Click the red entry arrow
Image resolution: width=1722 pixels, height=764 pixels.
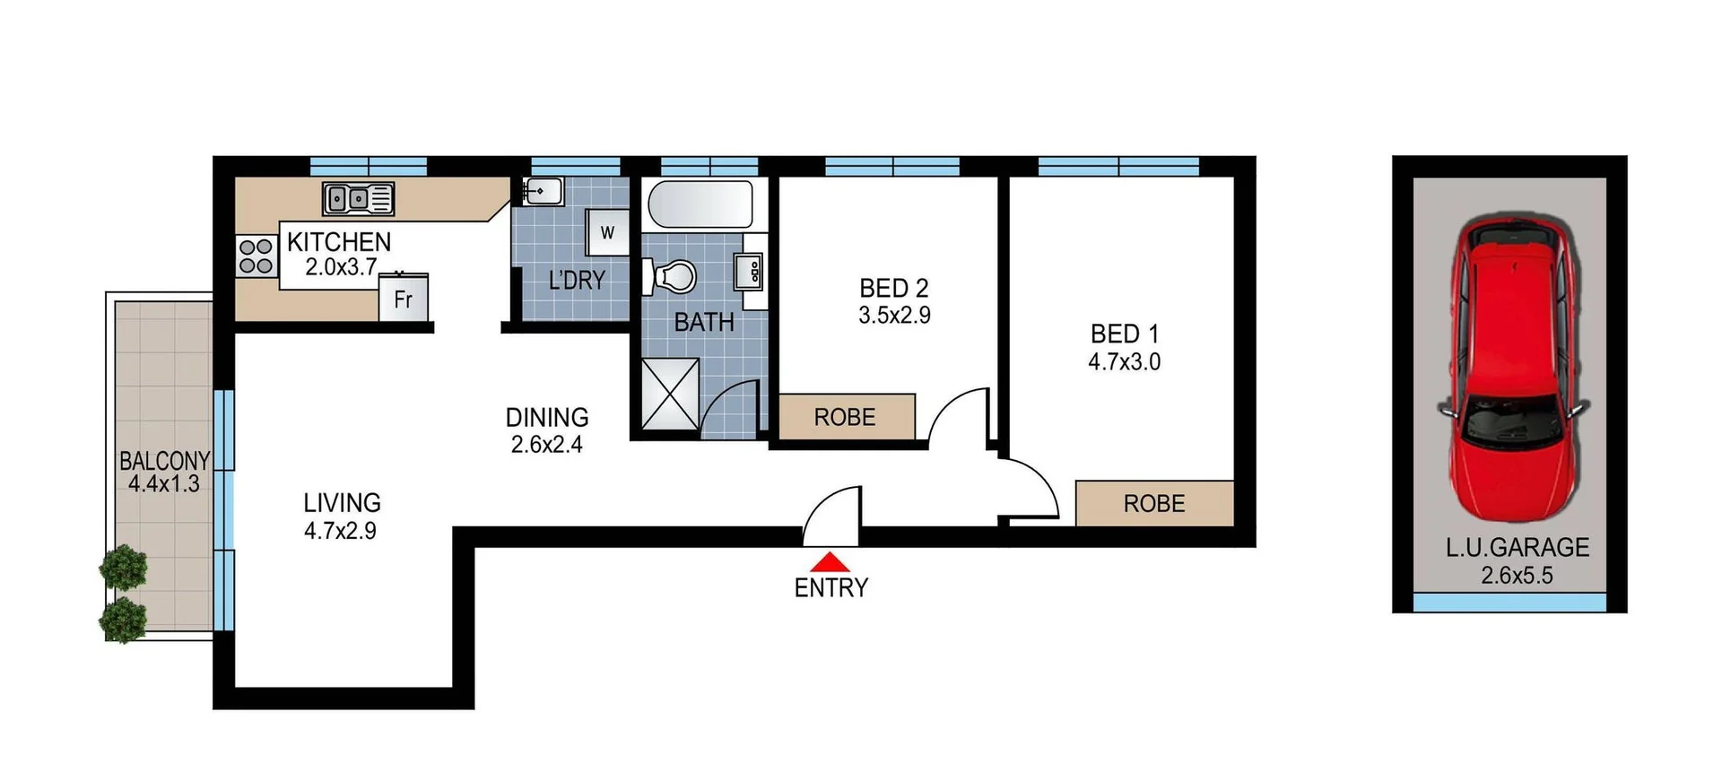coord(831,562)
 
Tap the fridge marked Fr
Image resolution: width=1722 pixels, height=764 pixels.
coord(404,298)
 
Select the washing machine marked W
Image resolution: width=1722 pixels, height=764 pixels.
coord(607,233)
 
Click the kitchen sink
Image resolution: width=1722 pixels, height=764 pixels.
coord(358,198)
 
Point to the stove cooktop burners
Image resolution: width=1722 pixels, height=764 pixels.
coord(256,256)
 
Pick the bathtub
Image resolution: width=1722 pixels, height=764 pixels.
coord(700,204)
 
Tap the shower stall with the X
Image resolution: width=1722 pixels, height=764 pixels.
coord(670,394)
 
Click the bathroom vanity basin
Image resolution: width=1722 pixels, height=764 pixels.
coord(749,271)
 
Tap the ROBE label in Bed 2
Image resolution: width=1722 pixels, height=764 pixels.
coord(845,417)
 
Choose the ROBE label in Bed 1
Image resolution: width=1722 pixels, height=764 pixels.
coord(1154,504)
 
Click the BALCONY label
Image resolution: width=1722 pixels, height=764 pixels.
coord(164,461)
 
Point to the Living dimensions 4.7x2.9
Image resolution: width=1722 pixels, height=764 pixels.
coord(340,531)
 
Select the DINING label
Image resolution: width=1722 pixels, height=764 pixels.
coord(547,417)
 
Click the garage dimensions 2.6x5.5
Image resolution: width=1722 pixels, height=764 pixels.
coord(1517,576)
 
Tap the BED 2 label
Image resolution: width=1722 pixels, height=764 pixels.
coord(893,288)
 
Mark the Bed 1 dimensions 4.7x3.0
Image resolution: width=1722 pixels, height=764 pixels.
coord(1124,362)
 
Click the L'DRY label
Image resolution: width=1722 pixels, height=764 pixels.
coord(577,281)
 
